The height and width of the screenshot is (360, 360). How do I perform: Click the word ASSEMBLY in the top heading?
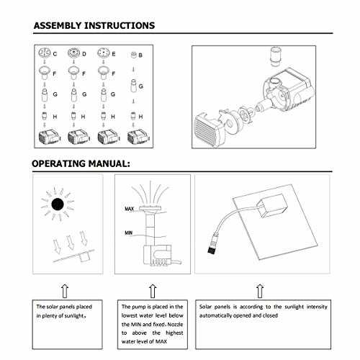point(58,25)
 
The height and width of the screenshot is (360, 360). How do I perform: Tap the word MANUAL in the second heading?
point(109,164)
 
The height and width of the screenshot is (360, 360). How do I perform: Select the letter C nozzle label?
point(55,54)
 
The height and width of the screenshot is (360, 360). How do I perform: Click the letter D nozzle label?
point(84,54)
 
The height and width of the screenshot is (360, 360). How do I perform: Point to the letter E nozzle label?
point(114,54)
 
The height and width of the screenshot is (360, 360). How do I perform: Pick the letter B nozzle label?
point(140,55)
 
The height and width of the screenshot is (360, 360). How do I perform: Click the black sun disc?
point(58,204)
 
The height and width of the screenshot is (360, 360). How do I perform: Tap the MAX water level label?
point(129,209)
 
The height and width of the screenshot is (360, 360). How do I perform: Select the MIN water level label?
point(129,233)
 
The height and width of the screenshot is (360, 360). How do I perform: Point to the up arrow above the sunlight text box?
point(65,291)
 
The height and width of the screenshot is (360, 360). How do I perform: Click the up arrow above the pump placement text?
point(153,291)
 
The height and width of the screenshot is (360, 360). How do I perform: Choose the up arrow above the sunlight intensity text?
point(260,291)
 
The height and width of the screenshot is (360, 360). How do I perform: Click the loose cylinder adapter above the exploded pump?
point(276,56)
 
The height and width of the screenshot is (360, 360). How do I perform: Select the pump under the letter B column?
point(138,138)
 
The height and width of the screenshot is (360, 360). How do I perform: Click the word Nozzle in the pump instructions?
point(175,325)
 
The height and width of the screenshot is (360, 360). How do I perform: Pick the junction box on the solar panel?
point(272,205)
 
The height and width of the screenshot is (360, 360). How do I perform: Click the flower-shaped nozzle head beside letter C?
point(45,53)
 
